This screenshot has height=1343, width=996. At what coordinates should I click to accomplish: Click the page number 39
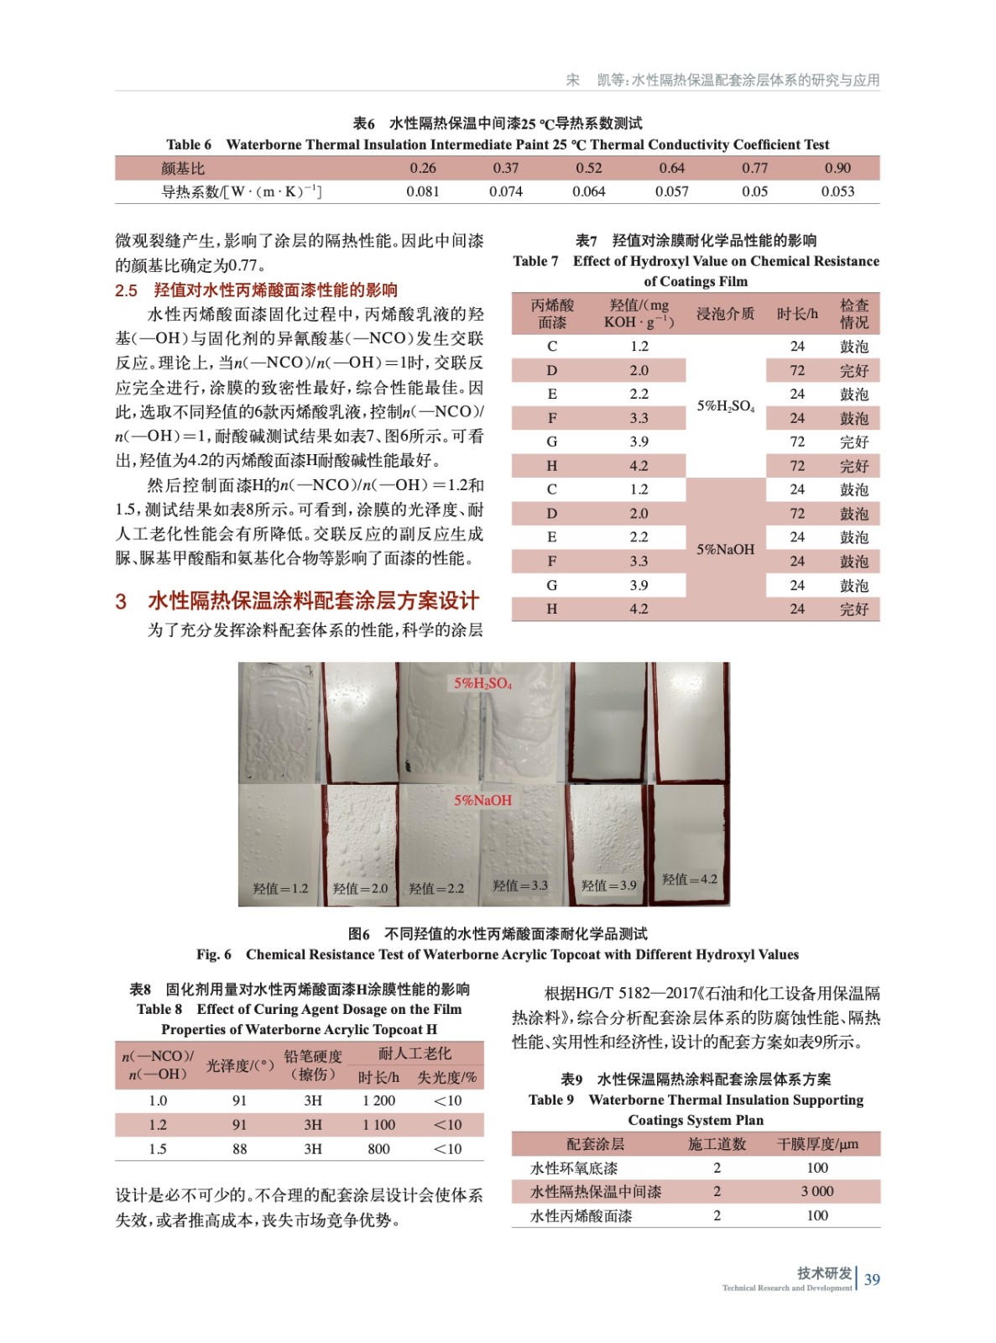872,1279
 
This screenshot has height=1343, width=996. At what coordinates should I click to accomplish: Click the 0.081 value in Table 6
423,191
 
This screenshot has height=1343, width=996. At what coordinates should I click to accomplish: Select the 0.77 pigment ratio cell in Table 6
754,168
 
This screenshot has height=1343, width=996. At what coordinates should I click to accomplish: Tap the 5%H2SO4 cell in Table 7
726,406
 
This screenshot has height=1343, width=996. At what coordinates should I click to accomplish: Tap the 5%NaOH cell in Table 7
726,550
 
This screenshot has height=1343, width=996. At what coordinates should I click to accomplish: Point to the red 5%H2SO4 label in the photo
482,683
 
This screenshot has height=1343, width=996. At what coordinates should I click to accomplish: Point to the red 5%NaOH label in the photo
482,800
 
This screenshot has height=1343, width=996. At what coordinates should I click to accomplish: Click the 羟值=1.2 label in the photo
280,888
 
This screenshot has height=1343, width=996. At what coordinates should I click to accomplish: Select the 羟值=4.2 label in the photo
689,879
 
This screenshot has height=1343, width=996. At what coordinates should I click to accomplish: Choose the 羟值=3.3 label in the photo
520,885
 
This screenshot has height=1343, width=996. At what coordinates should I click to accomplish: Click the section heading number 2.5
126,290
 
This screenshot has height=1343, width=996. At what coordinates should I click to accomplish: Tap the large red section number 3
121,601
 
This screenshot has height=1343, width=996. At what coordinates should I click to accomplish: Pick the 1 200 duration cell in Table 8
378,1100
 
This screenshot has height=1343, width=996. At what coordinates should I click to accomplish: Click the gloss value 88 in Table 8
240,1148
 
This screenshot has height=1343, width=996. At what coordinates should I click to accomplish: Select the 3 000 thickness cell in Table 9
816,1191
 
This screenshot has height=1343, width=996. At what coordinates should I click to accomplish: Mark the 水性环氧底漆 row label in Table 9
574,1168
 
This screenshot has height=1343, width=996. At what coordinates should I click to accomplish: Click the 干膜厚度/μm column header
816,1144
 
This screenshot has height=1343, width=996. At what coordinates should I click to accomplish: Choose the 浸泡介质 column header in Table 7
725,313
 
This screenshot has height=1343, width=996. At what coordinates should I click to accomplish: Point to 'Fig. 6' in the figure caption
214,954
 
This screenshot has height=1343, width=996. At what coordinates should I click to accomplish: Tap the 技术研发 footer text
824,1272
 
